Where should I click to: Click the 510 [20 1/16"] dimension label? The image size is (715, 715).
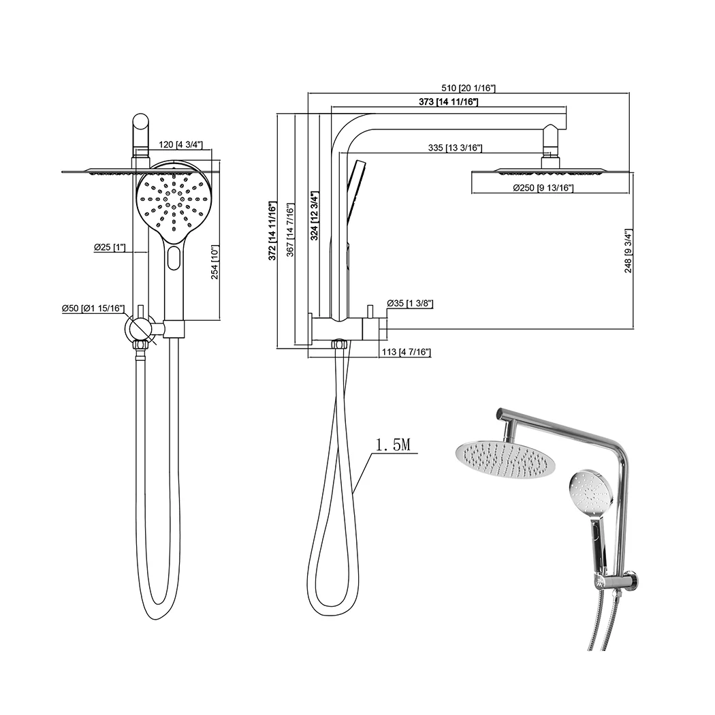click(468, 88)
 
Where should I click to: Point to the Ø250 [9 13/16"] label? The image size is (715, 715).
click(543, 188)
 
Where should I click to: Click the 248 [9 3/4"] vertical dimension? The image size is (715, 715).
click(628, 250)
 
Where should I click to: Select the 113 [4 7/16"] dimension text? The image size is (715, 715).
click(405, 351)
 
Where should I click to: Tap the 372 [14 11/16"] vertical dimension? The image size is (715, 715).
click(272, 231)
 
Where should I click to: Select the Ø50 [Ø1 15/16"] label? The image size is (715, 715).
click(93, 308)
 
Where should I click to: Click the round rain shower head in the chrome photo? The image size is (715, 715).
click(504, 459)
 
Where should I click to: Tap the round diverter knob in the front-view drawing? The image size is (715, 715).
click(139, 329)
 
